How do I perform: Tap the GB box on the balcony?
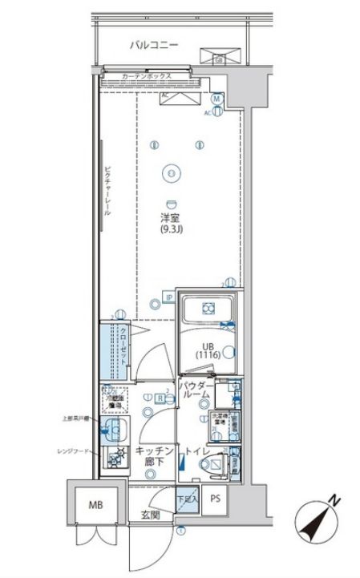coord(219,59)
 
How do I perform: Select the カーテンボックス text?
coord(147,77)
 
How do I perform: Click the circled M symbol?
coord(216,99)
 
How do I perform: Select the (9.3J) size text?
coord(170,231)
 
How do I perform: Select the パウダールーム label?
coord(196,395)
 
